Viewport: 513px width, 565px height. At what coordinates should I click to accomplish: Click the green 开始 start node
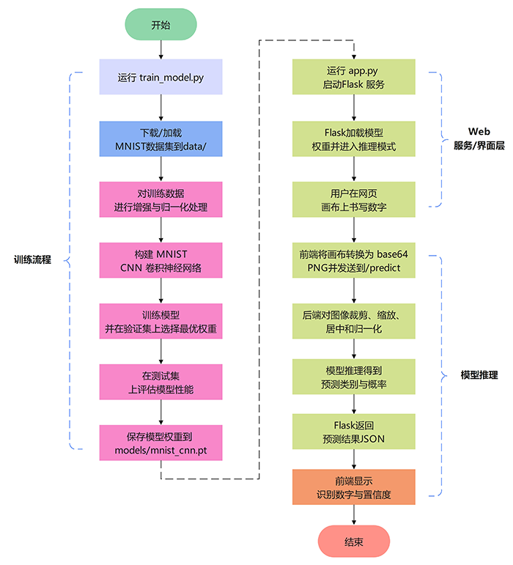pos(160,24)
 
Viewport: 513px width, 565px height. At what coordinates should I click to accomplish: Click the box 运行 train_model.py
pos(160,78)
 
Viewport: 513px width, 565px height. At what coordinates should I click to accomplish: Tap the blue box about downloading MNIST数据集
pos(160,139)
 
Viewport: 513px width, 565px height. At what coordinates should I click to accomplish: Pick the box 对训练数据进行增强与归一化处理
pos(160,200)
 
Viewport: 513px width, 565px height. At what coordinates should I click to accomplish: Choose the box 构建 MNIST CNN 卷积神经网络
pos(160,261)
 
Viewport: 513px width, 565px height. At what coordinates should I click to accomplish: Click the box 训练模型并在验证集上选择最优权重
pos(160,322)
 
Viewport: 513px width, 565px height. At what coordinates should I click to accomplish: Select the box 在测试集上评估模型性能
pos(160,382)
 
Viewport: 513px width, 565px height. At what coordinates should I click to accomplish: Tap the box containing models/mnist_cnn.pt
pos(160,442)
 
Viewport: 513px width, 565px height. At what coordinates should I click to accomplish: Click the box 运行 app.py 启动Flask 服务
pos(354,78)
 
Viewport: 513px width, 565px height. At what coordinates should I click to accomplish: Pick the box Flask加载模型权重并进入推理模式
pos(354,139)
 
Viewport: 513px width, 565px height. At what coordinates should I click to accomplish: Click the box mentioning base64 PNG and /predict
pos(354,261)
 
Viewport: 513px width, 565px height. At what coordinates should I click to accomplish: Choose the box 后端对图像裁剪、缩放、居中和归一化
pos(354,322)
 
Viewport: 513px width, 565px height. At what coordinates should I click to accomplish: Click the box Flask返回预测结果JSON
pos(354,431)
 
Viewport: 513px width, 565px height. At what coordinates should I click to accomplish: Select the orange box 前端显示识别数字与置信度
pos(354,487)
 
